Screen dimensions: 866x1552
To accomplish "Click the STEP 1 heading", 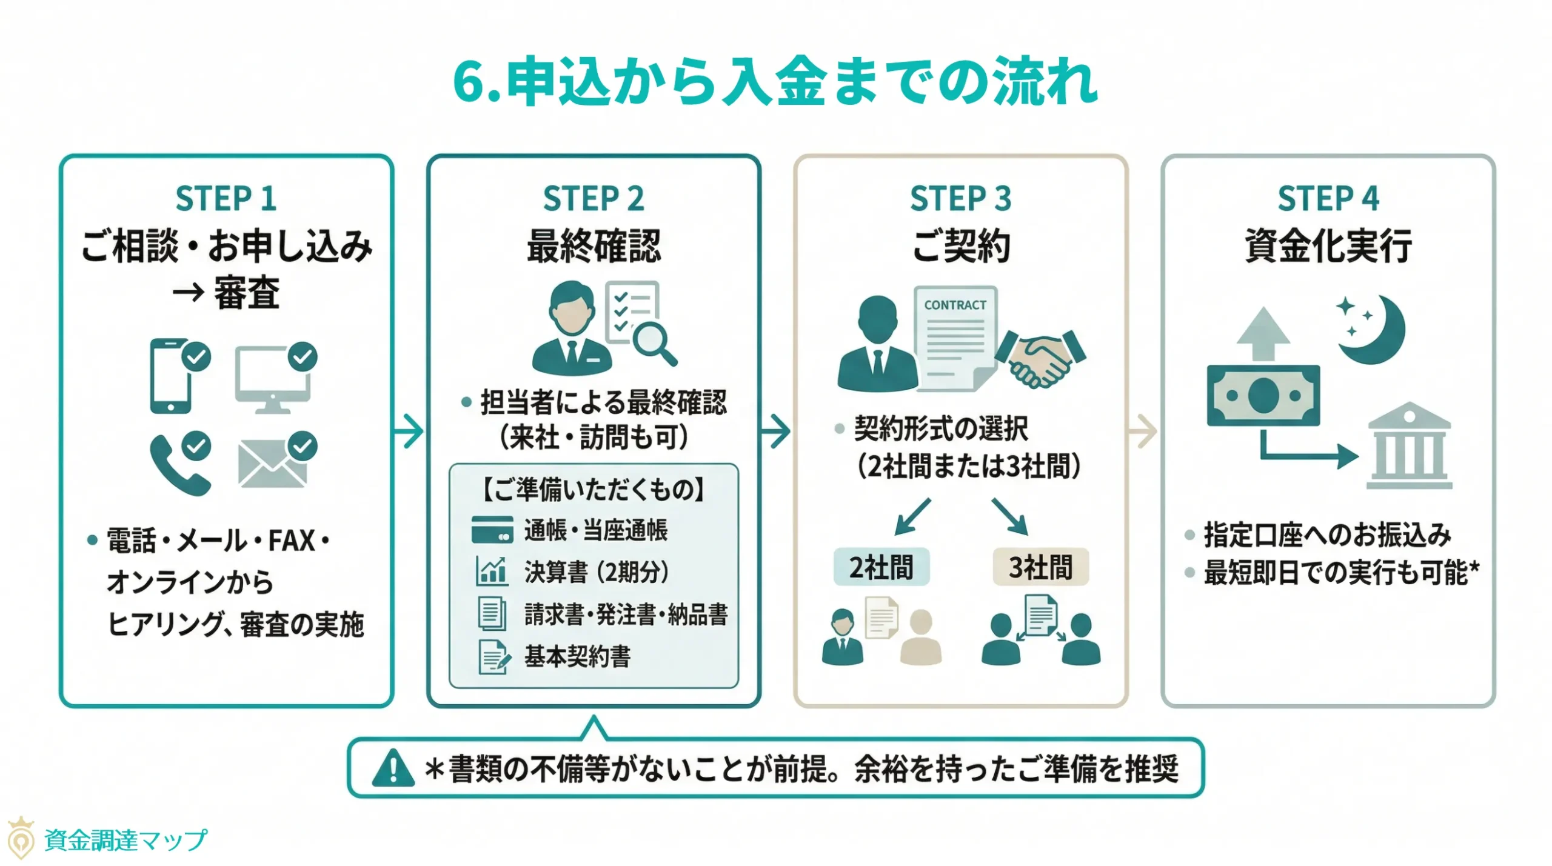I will tap(226, 199).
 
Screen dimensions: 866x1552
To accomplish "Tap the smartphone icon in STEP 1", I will tap(170, 376).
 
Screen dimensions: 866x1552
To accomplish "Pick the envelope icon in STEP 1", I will tap(272, 464).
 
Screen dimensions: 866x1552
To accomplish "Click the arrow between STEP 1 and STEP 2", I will tap(409, 431).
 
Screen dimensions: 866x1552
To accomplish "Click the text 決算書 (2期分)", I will tap(596, 571).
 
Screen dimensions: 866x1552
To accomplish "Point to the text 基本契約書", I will tap(577, 656).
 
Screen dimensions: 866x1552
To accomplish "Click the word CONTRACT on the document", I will tap(955, 305).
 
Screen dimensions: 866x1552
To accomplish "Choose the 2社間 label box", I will tap(881, 567).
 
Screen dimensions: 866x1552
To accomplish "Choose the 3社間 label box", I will tap(1040, 567).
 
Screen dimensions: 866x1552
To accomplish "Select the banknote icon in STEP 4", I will tap(1263, 395).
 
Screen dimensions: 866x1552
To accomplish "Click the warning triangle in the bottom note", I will tap(393, 768).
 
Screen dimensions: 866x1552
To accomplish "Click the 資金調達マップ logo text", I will tap(125, 840).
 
